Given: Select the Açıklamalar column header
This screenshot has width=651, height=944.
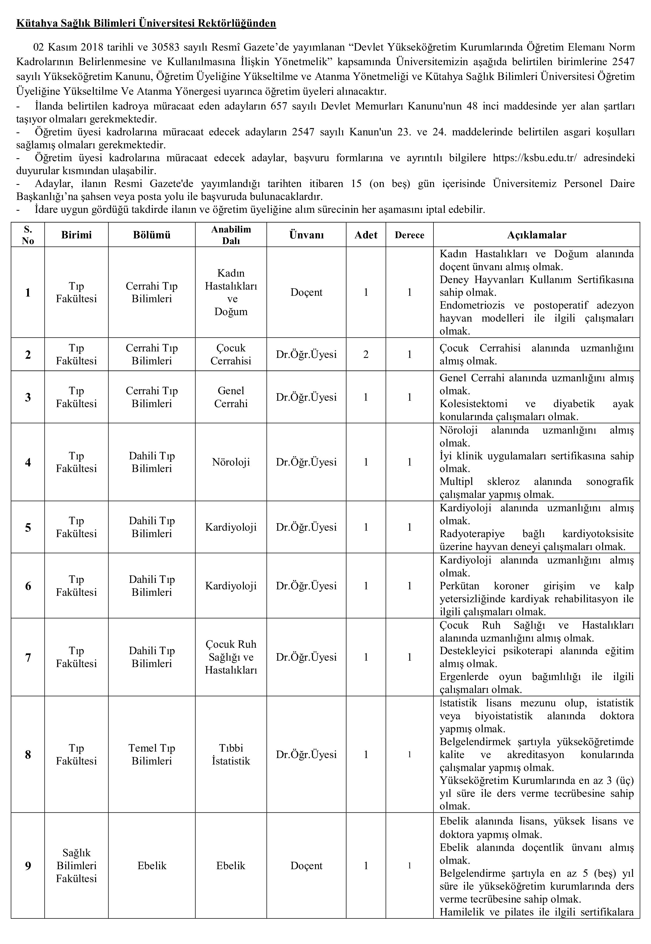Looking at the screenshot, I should click(536, 235).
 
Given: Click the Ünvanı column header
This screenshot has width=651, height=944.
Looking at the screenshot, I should click(306, 235).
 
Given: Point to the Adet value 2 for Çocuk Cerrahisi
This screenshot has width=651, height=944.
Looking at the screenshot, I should click(366, 354).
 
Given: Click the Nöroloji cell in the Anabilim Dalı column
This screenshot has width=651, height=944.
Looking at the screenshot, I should click(231, 462).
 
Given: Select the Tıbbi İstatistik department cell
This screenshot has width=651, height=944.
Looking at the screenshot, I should click(231, 754).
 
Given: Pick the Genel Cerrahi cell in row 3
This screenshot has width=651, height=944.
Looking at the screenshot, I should click(231, 397).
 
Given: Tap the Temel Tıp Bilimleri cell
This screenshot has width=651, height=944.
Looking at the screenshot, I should click(152, 754).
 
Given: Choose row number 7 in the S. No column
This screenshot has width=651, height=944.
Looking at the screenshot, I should click(28, 657).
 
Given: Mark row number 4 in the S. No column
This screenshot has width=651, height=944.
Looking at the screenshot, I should click(28, 462).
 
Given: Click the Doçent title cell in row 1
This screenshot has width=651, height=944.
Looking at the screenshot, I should click(306, 292).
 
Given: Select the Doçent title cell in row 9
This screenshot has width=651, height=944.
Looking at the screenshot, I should click(306, 866).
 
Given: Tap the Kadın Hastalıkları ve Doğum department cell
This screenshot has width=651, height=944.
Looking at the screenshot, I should click(231, 292).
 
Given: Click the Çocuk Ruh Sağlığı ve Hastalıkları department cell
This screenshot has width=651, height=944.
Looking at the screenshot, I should click(231, 657).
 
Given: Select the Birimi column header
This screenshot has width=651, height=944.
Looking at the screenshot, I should click(76, 235).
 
